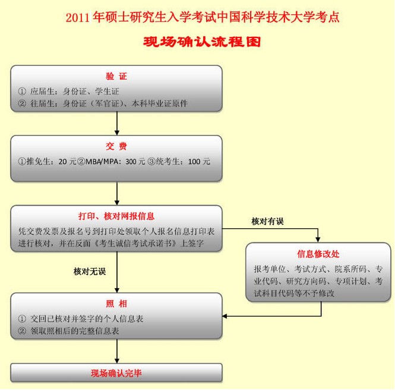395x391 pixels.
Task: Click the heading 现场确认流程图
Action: [x=203, y=43]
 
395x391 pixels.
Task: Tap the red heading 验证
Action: [x=116, y=77]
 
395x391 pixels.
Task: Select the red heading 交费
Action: [x=116, y=147]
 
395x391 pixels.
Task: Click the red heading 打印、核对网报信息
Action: [x=117, y=216]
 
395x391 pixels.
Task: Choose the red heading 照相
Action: [x=116, y=304]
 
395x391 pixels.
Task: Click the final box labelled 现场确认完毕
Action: [x=116, y=373]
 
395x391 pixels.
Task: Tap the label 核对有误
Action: [x=268, y=222]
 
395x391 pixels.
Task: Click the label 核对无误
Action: [x=90, y=272]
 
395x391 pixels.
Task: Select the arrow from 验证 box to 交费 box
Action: [x=116, y=123]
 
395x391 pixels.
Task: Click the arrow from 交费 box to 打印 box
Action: [x=116, y=193]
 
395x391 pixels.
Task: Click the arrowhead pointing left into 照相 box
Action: [x=227, y=316]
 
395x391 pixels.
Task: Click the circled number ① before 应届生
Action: [x=23, y=92]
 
